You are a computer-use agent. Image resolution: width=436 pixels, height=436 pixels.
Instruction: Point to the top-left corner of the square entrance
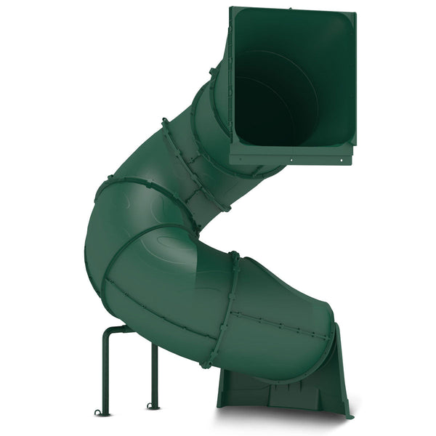click(x=231, y=9)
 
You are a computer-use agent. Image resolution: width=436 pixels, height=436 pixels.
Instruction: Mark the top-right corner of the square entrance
click(x=356, y=15)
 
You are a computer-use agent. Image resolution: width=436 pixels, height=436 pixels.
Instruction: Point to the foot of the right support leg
click(x=151, y=405)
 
